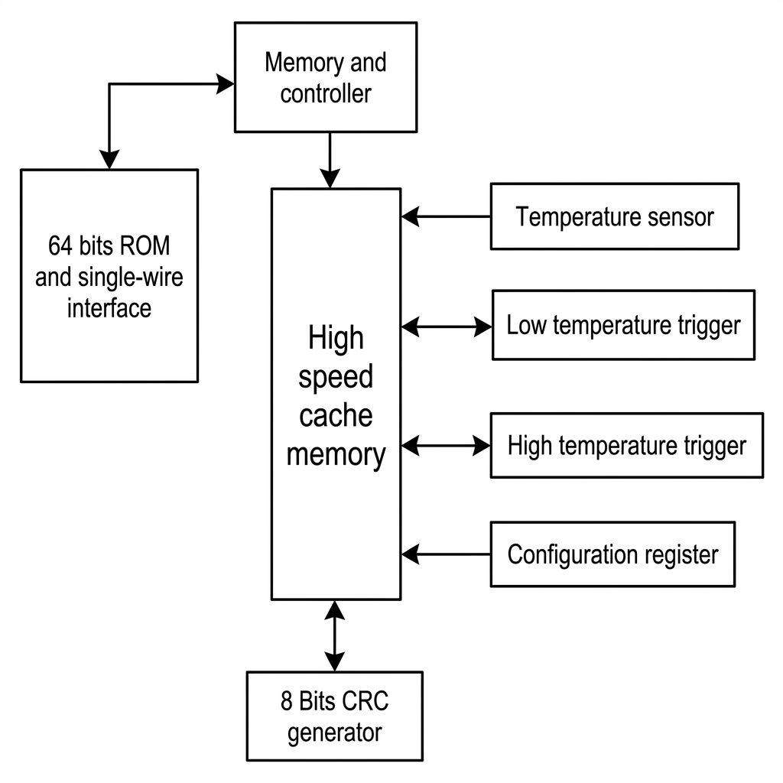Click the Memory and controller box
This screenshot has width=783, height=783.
(x=326, y=77)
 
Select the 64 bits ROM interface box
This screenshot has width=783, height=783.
(x=109, y=276)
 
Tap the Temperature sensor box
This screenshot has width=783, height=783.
(x=615, y=216)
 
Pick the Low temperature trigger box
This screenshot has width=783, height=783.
(x=623, y=325)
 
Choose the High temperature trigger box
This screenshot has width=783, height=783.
(x=627, y=446)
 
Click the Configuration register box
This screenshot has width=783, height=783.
(x=612, y=554)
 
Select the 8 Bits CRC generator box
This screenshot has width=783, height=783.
(x=335, y=716)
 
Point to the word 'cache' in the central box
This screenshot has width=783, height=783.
(x=336, y=415)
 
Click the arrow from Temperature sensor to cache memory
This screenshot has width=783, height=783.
(x=446, y=216)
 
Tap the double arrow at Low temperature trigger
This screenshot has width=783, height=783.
(x=447, y=327)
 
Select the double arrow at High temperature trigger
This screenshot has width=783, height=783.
(x=446, y=446)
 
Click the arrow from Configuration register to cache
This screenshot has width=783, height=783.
(x=446, y=554)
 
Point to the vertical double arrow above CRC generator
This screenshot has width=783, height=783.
(x=335, y=635)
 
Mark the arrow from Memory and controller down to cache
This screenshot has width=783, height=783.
(x=330, y=161)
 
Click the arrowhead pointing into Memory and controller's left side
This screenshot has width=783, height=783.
(x=226, y=84)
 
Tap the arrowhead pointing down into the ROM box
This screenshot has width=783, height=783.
(x=109, y=160)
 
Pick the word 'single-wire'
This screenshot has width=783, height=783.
(x=130, y=277)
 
